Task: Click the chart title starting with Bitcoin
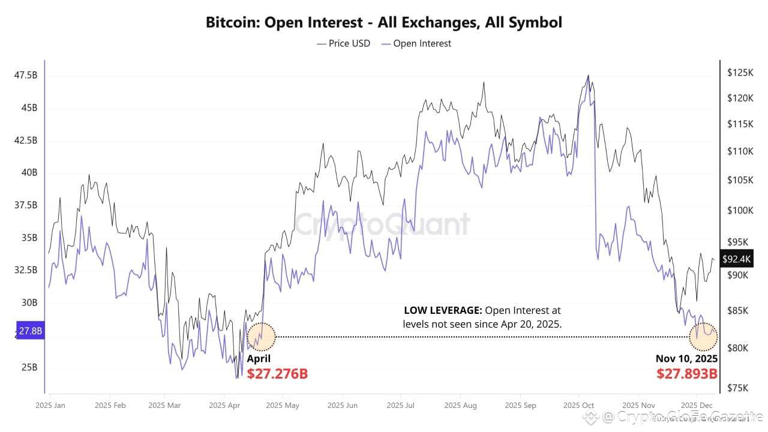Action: coord(384,23)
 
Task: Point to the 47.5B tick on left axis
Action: coord(26,76)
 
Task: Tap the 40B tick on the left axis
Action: coord(29,173)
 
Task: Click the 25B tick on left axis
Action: coord(29,367)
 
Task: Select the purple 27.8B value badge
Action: coord(29,331)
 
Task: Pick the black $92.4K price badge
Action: coord(736,259)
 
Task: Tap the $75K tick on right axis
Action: coord(737,388)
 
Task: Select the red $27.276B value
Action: coord(277,374)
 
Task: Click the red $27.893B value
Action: coord(686,374)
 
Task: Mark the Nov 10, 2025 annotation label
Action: coord(686,359)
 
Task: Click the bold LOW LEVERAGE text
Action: coord(443,311)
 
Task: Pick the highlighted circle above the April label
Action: coord(261,337)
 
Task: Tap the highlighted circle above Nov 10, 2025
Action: coord(703,337)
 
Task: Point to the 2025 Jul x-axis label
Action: coord(401,406)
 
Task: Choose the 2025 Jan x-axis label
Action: coord(51,406)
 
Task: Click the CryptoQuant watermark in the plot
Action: coord(382,224)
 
